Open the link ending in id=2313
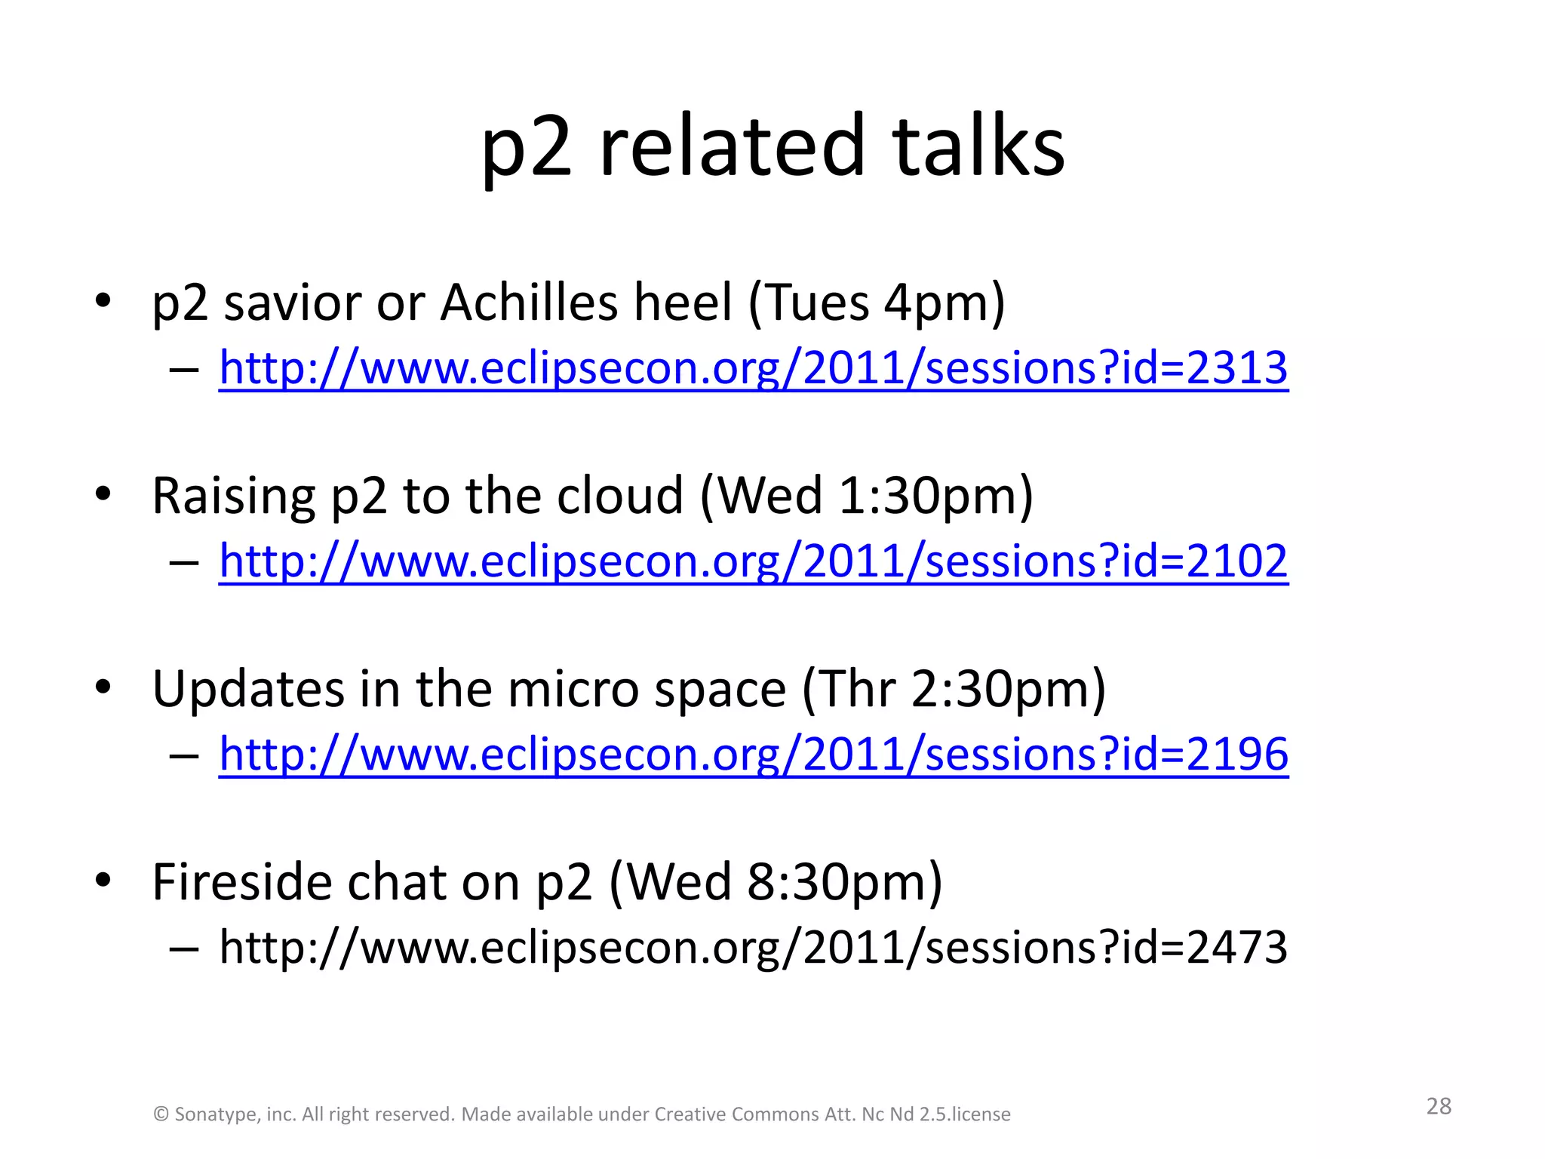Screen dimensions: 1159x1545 753,368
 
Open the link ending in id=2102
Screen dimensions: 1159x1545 753,561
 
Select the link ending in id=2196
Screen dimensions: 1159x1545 753,755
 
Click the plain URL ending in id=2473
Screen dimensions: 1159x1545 753,948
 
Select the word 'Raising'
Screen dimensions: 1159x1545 233,496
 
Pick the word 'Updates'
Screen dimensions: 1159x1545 248,690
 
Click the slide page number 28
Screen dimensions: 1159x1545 1439,1106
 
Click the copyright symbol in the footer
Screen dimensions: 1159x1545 161,1114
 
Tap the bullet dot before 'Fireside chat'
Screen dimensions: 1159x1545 103,879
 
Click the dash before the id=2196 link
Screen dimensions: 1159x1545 184,755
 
